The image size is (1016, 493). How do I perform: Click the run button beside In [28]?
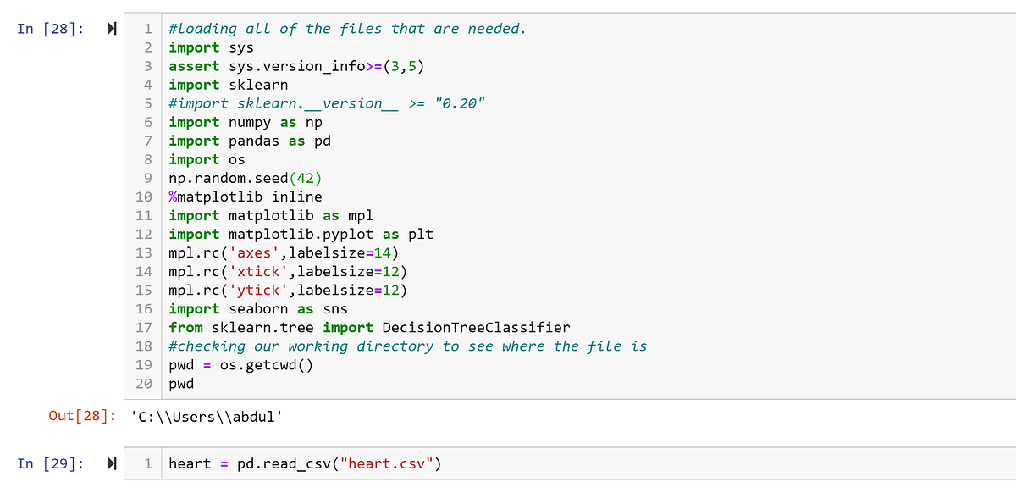(x=112, y=29)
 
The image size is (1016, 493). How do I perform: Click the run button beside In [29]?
(x=112, y=463)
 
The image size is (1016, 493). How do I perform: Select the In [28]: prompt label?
(x=50, y=29)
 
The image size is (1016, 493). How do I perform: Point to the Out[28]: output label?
(x=83, y=416)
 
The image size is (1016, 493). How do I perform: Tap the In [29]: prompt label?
(x=50, y=464)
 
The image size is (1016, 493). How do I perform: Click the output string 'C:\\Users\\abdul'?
(x=207, y=417)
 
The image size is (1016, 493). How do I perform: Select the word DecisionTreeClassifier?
(x=476, y=327)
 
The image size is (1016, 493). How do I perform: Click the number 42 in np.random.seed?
(x=306, y=179)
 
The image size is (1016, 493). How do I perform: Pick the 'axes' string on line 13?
(x=254, y=253)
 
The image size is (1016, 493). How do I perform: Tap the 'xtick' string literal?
(x=258, y=271)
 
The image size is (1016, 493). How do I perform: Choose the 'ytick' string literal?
(x=258, y=290)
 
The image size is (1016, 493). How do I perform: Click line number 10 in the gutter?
(x=144, y=197)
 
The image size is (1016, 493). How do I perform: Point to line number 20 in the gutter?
(x=144, y=384)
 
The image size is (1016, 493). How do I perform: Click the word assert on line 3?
(x=194, y=66)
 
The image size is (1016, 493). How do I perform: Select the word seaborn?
(x=258, y=308)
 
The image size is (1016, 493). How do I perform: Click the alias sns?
(x=335, y=308)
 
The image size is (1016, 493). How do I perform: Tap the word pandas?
(x=254, y=141)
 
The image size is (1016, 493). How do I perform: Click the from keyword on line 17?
(x=185, y=327)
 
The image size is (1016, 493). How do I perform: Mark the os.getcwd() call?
(x=267, y=365)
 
